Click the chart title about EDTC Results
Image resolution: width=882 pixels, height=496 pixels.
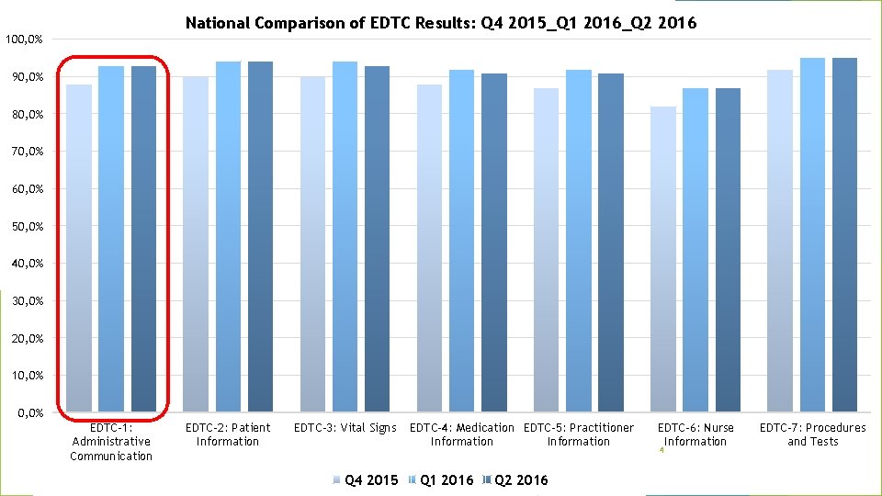pyautogui.click(x=441, y=23)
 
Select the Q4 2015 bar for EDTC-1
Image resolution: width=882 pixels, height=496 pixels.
pyautogui.click(x=79, y=248)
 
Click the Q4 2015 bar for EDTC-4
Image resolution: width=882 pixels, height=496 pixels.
pyautogui.click(x=429, y=248)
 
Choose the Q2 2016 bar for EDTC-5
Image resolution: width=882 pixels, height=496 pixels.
pyautogui.click(x=611, y=242)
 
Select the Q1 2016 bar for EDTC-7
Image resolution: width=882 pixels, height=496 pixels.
pyautogui.click(x=812, y=234)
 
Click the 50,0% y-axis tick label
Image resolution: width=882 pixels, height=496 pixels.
pyautogui.click(x=27, y=226)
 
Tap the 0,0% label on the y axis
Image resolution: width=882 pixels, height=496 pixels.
pyautogui.click(x=29, y=413)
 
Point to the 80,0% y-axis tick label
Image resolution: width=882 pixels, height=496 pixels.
pyautogui.click(x=27, y=114)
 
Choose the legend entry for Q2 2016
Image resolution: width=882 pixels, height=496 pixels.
pyautogui.click(x=516, y=479)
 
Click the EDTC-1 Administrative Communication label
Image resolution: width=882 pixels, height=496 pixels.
pyautogui.click(x=111, y=442)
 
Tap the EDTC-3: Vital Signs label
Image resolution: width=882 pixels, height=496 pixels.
pyautogui.click(x=345, y=428)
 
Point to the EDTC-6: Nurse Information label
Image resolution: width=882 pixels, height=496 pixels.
pyautogui.click(x=695, y=434)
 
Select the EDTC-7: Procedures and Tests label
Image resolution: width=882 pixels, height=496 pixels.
pyautogui.click(x=812, y=434)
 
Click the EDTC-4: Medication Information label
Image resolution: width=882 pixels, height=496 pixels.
pyautogui.click(x=461, y=434)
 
